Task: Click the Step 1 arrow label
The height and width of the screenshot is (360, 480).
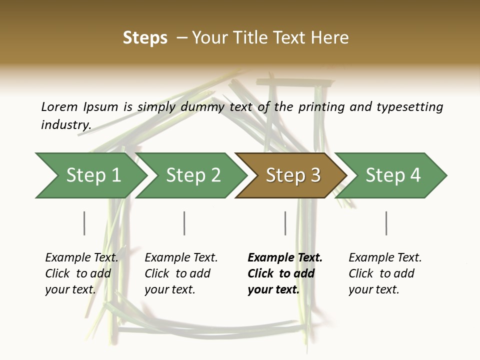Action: [93, 175]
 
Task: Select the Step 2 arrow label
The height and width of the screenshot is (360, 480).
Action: [193, 175]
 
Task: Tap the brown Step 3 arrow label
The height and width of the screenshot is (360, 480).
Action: [293, 175]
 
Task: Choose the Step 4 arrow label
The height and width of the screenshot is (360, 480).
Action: [393, 175]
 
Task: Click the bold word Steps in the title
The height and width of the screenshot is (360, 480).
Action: [145, 38]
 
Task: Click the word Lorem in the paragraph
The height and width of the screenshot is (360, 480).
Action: [59, 106]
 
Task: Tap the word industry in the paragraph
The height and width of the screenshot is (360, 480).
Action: [66, 124]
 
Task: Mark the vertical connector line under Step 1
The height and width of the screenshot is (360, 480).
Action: [84, 223]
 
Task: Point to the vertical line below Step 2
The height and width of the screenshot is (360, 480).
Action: [184, 223]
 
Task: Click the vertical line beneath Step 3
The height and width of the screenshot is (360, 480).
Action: [285, 223]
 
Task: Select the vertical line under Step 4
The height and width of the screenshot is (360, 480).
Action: [386, 223]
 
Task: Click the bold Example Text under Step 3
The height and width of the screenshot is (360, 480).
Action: [285, 257]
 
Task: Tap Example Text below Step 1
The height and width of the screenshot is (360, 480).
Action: [81, 257]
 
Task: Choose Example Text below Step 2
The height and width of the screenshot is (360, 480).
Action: [181, 257]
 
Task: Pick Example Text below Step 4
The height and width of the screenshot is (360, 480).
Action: [385, 257]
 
